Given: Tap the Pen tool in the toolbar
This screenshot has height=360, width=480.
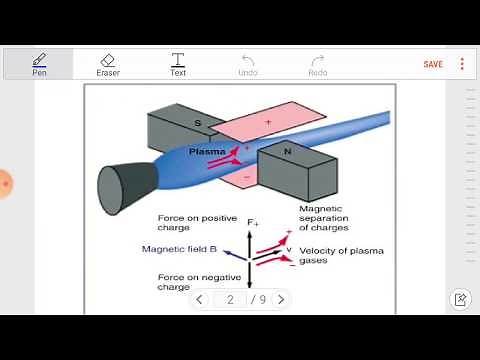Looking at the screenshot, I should coord(39,64).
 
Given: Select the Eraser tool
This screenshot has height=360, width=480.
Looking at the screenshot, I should coord(108,64).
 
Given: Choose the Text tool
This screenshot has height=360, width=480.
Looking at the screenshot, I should coord(178,64).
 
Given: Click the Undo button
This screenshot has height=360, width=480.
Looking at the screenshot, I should coord(248,64).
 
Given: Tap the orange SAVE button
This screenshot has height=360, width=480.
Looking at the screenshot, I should coord(433,64).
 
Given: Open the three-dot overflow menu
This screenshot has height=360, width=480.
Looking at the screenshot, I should coord(462,64).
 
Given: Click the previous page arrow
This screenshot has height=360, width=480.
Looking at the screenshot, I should coord(200,299).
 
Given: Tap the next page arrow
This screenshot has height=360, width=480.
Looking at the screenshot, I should coord(280,299).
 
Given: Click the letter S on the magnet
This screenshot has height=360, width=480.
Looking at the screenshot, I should coord(197,123).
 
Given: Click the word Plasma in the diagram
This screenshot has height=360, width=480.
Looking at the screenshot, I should coord(207,151).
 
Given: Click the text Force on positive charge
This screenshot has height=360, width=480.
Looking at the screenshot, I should coord(187,222).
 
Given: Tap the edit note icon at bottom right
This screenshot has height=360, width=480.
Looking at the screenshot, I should coord(460,299).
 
